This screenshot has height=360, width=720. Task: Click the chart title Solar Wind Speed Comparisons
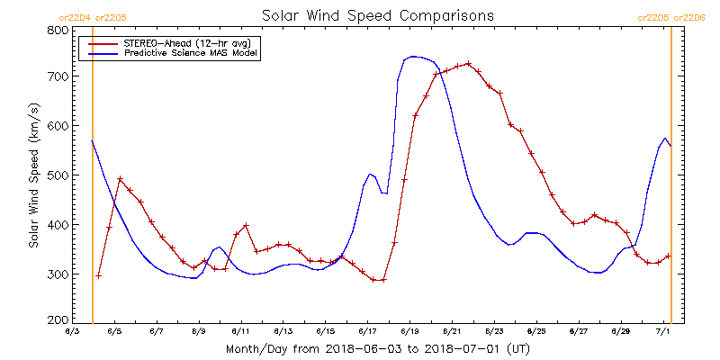tap(377, 16)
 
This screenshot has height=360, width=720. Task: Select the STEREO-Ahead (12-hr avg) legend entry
tap(171, 42)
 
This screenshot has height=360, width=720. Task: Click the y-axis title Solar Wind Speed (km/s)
tap(34, 175)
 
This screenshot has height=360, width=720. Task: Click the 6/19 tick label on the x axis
tap(409, 332)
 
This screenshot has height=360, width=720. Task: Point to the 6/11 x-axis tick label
tap(240, 332)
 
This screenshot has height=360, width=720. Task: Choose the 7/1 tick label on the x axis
tap(663, 332)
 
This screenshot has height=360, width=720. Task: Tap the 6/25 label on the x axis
tap(536, 332)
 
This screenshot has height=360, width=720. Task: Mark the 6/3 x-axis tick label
tap(71, 332)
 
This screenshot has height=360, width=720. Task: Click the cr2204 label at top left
tap(73, 17)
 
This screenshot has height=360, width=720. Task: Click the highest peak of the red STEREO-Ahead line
tap(469, 63)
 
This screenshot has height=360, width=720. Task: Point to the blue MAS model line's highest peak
tap(413, 56)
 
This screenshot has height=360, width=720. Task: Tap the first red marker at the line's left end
tap(99, 275)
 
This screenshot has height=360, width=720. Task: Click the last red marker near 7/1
tap(667, 256)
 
